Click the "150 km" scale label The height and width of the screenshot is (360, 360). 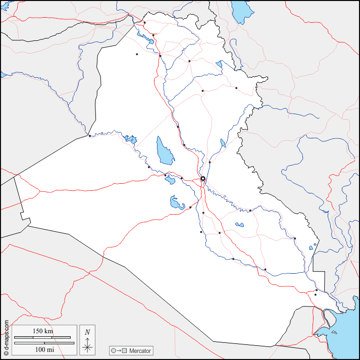pyautogui.click(x=43, y=331)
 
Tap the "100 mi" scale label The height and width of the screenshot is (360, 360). pyautogui.click(x=43, y=349)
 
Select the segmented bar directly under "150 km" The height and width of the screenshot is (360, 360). pyautogui.click(x=43, y=337)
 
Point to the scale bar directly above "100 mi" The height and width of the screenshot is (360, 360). pyautogui.click(x=43, y=343)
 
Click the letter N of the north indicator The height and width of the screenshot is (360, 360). pyautogui.click(x=87, y=332)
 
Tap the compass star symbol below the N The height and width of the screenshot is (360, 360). pyautogui.click(x=87, y=346)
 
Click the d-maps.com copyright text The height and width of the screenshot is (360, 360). pyautogui.click(x=6, y=335)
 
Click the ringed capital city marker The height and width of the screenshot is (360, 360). pyautogui.click(x=203, y=178)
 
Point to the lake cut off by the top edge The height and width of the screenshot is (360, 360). pyautogui.click(x=241, y=9)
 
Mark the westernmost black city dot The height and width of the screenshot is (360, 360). pyautogui.click(x=89, y=136)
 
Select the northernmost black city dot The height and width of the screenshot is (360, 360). pyautogui.click(x=144, y=22)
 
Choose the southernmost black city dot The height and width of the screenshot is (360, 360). pyautogui.click(x=316, y=294)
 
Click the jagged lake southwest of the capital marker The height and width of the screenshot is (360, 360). pyautogui.click(x=177, y=203)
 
